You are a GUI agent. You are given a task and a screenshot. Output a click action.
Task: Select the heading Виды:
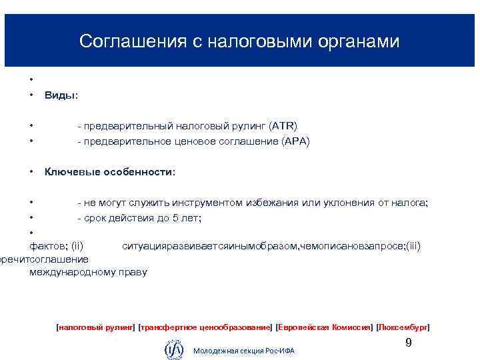tap(61, 95)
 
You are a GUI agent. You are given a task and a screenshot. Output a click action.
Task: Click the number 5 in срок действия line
tap(177, 218)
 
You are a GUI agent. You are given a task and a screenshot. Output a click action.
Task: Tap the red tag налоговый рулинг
tap(96, 327)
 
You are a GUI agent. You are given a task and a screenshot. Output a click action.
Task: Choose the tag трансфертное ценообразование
tap(205, 327)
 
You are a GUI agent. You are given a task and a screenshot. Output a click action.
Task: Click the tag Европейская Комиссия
tap(325, 327)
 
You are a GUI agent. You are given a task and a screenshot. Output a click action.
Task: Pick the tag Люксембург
tap(403, 327)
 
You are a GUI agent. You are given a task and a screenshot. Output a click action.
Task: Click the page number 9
tap(409, 343)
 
